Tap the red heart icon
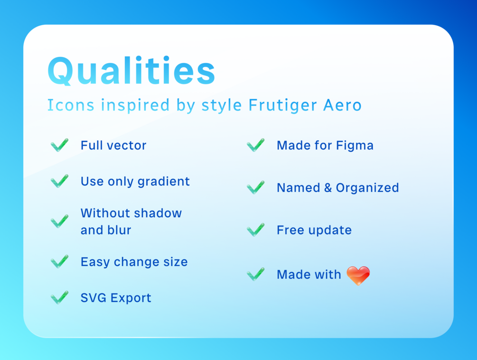click(358, 276)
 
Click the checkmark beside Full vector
click(60, 145)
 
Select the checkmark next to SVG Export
click(60, 297)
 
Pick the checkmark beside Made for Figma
click(255, 145)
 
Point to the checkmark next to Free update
click(255, 230)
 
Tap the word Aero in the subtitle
click(343, 105)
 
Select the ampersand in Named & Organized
click(327, 188)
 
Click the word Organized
click(367, 188)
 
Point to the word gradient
click(164, 182)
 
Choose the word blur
click(119, 230)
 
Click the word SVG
click(93, 298)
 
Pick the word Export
click(131, 298)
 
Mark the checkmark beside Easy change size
click(60, 261)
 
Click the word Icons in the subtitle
click(71, 105)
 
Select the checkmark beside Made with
click(255, 274)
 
